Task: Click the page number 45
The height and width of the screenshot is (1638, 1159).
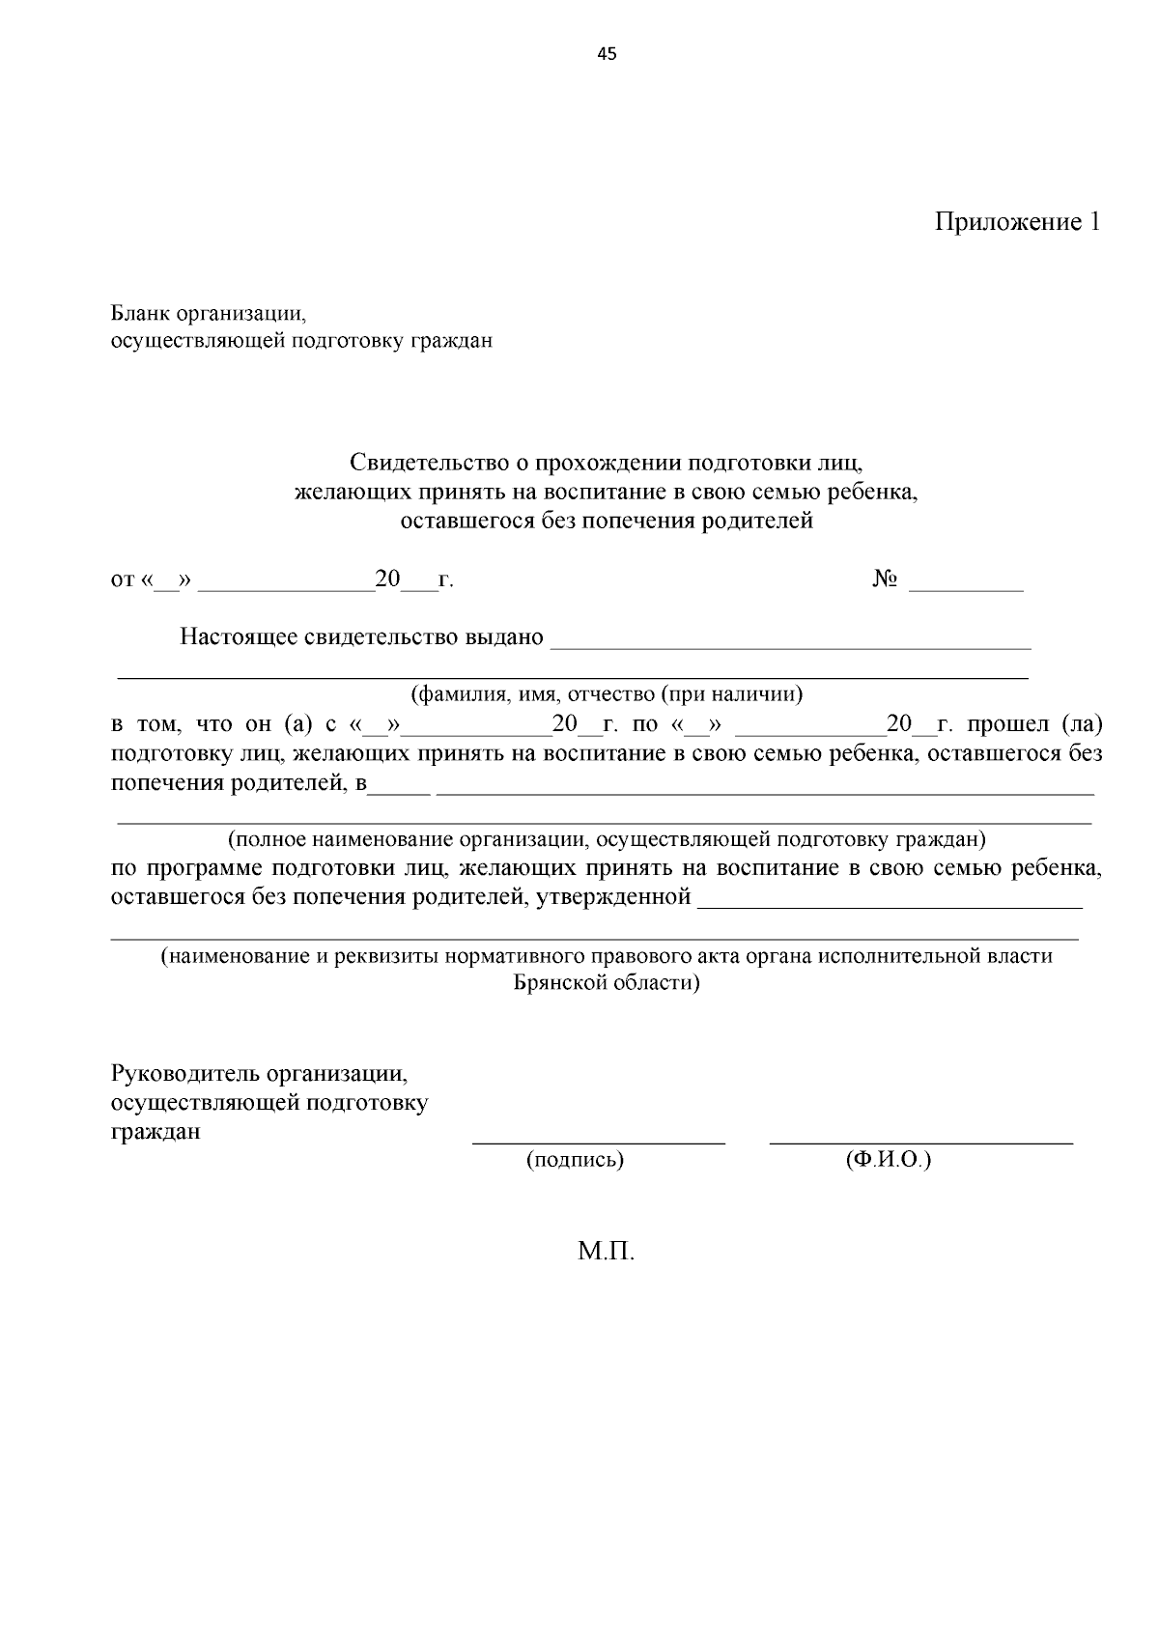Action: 607,54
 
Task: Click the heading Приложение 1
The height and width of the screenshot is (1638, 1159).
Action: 1017,222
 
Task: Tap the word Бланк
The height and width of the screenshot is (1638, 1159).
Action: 140,314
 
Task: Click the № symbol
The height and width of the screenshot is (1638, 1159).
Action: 886,579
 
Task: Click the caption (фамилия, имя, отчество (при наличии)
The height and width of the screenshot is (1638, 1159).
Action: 607,694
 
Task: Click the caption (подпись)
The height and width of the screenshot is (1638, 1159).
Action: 575,1160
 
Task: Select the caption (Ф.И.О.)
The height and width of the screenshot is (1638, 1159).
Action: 888,1160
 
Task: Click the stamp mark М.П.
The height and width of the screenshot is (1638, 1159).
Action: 607,1253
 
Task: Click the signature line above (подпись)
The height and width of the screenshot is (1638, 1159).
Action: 598,1143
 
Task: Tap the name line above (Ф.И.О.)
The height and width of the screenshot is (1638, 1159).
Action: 920,1143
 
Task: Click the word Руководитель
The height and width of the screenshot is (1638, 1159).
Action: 185,1074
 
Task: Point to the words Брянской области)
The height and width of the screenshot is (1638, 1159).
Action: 607,983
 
